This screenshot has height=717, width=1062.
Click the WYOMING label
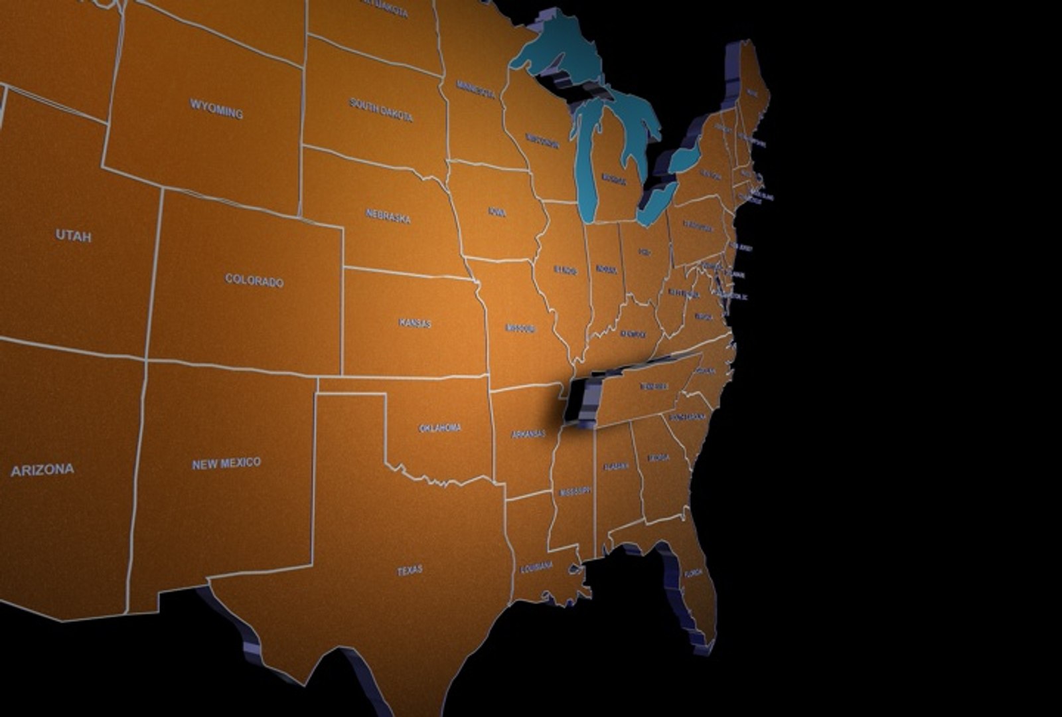[x=216, y=108]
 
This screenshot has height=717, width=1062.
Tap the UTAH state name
[x=73, y=235]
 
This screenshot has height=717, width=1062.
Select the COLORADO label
[x=254, y=280]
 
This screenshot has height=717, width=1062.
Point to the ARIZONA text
[x=42, y=470]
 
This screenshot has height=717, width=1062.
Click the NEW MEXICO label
[x=226, y=463]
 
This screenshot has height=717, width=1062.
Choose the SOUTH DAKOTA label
[x=381, y=110]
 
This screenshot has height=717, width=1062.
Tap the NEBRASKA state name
[x=388, y=216]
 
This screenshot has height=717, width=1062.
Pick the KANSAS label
[x=415, y=323]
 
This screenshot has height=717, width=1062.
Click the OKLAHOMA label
[x=440, y=428]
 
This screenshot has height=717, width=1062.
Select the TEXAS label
[x=410, y=570]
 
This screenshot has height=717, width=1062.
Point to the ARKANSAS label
[x=528, y=434]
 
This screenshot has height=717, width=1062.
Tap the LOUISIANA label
[x=536, y=567]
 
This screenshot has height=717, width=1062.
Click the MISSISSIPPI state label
[x=575, y=492]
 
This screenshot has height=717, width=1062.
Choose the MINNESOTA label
[x=476, y=89]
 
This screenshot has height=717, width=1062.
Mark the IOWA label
[x=497, y=212]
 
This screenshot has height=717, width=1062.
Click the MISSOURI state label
[x=520, y=328]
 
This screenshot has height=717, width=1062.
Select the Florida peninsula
[x=694, y=584]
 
